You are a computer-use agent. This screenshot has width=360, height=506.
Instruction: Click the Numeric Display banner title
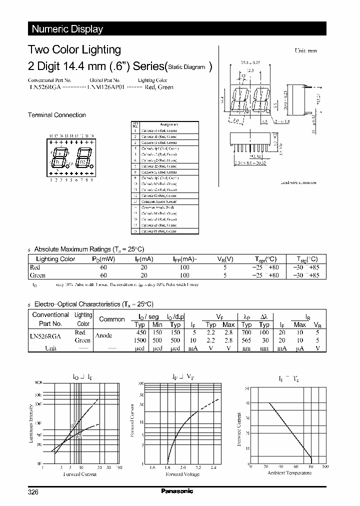pyautogui.click(x=67, y=29)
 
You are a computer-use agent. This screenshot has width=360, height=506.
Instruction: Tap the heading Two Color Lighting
pyautogui.click(x=74, y=49)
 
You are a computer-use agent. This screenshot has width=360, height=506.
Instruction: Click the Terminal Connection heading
pyautogui.click(x=56, y=115)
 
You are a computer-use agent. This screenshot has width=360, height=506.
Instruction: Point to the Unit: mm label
pyautogui.click(x=305, y=51)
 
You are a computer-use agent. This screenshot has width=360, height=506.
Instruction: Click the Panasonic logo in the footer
pyautogui.click(x=176, y=491)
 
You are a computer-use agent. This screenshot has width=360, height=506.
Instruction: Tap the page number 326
pyautogui.click(x=33, y=492)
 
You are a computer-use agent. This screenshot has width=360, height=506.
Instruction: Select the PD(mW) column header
pyautogui.click(x=103, y=259)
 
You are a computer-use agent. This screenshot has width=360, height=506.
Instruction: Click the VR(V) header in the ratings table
pyautogui.click(x=225, y=259)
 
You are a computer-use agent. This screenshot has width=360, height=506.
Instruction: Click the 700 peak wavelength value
pyautogui.click(x=246, y=332)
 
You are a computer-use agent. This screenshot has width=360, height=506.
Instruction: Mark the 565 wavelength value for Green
pyautogui.click(x=246, y=340)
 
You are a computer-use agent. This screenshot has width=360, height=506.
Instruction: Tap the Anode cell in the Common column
pyautogui.click(x=104, y=335)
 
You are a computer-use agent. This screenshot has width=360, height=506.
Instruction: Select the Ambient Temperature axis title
pyautogui.click(x=289, y=472)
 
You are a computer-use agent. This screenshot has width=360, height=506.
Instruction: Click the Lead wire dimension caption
pyautogui.click(x=298, y=183)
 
